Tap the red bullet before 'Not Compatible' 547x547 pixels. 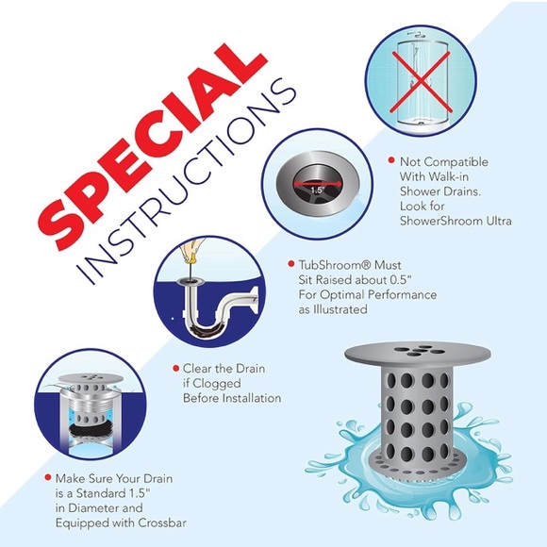tap(391, 160)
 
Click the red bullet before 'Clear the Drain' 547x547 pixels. tap(174, 369)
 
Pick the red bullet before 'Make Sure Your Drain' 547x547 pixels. tap(48, 479)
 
